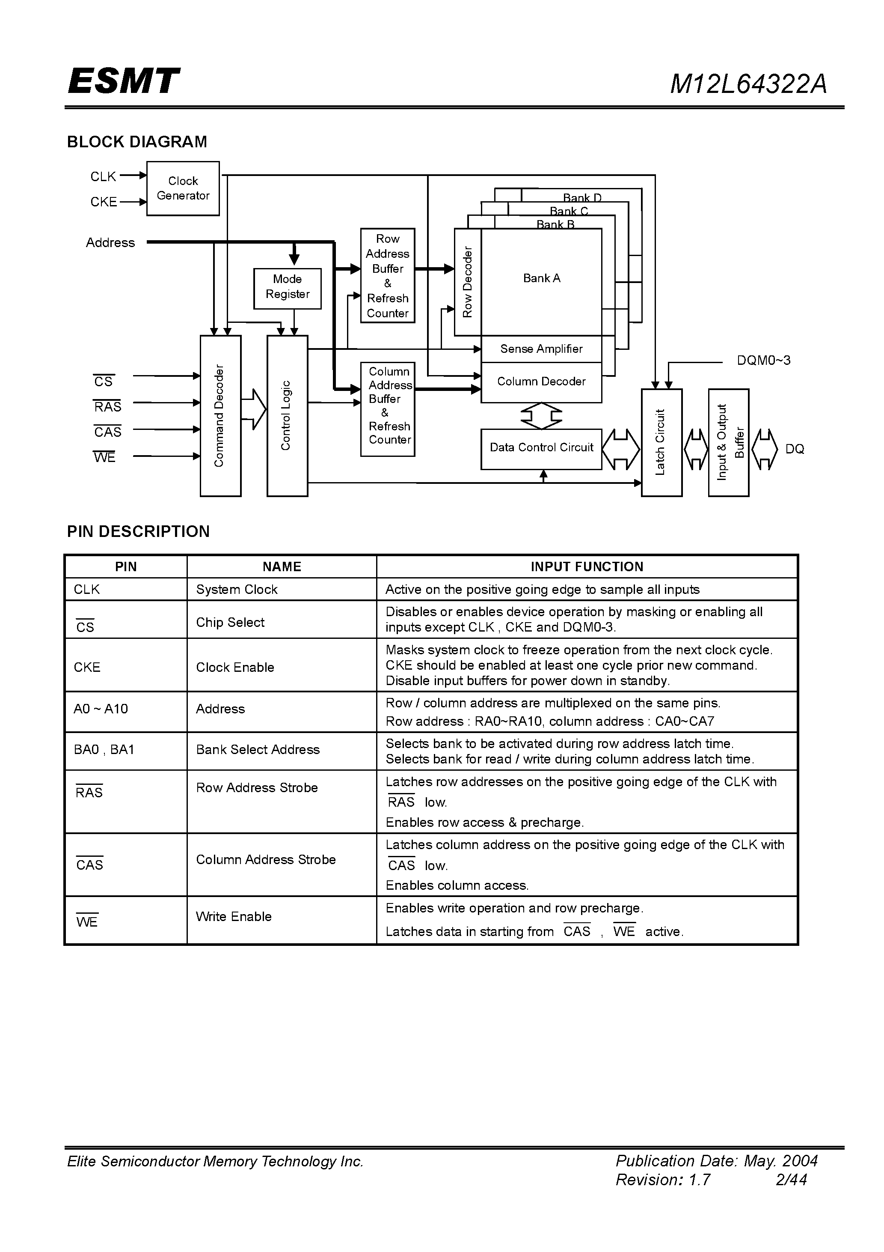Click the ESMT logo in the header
pyautogui.click(x=123, y=82)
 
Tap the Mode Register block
pyautogui.click(x=287, y=287)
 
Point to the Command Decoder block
pyautogui.click(x=220, y=415)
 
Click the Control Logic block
pyautogui.click(x=287, y=415)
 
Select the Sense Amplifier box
pyautogui.click(x=541, y=349)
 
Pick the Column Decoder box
pyautogui.click(x=541, y=382)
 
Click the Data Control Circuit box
pyautogui.click(x=541, y=448)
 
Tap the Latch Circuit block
pyautogui.click(x=661, y=442)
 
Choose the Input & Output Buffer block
pyautogui.click(x=728, y=442)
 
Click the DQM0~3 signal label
pyautogui.click(x=763, y=361)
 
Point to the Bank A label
pyautogui.click(x=541, y=278)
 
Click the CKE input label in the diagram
pyautogui.click(x=103, y=202)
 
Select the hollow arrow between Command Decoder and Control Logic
pyautogui.click(x=253, y=409)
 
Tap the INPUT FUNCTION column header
pyautogui.click(x=587, y=566)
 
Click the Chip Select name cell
pyautogui.click(x=230, y=622)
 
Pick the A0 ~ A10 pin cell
pyautogui.click(x=101, y=709)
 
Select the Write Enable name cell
pyautogui.click(x=234, y=917)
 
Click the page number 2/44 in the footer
pyautogui.click(x=791, y=1180)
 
